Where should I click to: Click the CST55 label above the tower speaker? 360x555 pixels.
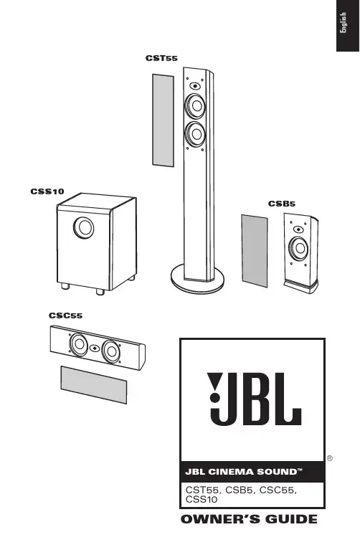pyautogui.click(x=161, y=58)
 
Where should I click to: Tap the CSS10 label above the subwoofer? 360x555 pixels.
pyautogui.click(x=47, y=191)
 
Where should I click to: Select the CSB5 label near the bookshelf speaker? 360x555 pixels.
pyautogui.click(x=281, y=204)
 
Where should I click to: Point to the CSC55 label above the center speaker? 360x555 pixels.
pyautogui.click(x=65, y=316)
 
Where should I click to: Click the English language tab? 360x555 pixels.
pyautogui.click(x=343, y=23)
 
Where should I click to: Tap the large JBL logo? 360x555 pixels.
pyautogui.click(x=254, y=399)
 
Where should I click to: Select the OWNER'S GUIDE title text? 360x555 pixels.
pyautogui.click(x=249, y=519)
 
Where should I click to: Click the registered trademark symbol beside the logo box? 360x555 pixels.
pyautogui.click(x=330, y=458)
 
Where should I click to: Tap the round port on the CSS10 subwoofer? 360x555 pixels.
pyautogui.click(x=84, y=227)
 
